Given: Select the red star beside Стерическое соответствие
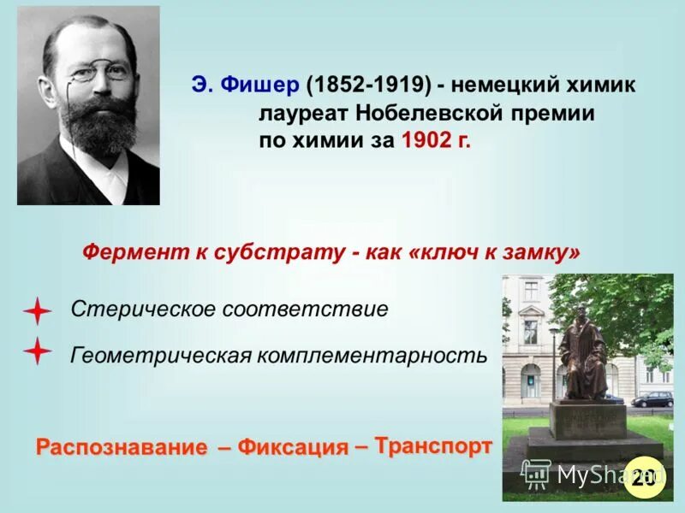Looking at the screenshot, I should pyautogui.click(x=37, y=310).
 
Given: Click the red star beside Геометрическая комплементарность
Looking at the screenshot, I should pyautogui.click(x=37, y=351).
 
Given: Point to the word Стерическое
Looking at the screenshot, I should pyautogui.click(x=143, y=310).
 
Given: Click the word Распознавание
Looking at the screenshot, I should pyautogui.click(x=122, y=447).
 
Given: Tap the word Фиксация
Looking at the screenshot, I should pyautogui.click(x=292, y=447).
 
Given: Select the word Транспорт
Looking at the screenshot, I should pyautogui.click(x=433, y=445).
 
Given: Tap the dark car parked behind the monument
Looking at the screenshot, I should pyautogui.click(x=652, y=398).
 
